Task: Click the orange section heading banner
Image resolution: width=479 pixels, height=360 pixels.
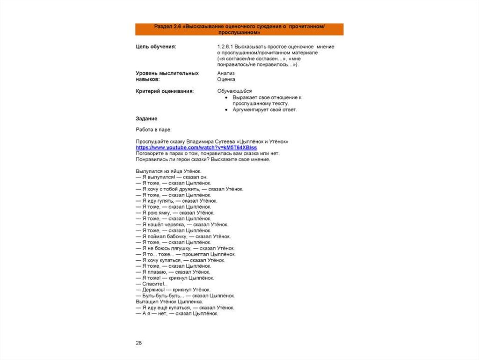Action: pos(239,29)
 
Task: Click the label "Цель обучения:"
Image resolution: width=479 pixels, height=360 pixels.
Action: pos(156,47)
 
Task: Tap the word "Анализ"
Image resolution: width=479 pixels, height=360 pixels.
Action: pos(226,73)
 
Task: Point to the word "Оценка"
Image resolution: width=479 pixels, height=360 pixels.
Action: pos(226,80)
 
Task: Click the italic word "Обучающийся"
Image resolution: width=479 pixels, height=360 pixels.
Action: pos(234,91)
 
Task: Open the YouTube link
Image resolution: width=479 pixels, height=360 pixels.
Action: pos(196,147)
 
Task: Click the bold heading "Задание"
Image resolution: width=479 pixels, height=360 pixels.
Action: pos(146,119)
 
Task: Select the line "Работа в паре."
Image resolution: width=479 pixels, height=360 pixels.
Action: pos(153,130)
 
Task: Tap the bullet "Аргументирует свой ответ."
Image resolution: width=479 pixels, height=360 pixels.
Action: pos(264,110)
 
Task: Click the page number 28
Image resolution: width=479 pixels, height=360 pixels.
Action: pos(139,343)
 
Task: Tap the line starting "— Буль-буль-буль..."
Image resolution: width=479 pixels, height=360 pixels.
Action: pos(185,296)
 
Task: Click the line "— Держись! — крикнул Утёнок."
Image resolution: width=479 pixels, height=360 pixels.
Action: pos(173,290)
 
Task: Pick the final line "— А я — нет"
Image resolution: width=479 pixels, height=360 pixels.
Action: pos(177,314)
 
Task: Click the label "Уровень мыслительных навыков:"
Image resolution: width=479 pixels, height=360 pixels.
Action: pos(167,76)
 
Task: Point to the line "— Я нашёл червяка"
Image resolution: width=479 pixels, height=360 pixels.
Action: pos(178,225)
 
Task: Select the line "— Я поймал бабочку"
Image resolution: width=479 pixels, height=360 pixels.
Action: pos(183,236)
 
